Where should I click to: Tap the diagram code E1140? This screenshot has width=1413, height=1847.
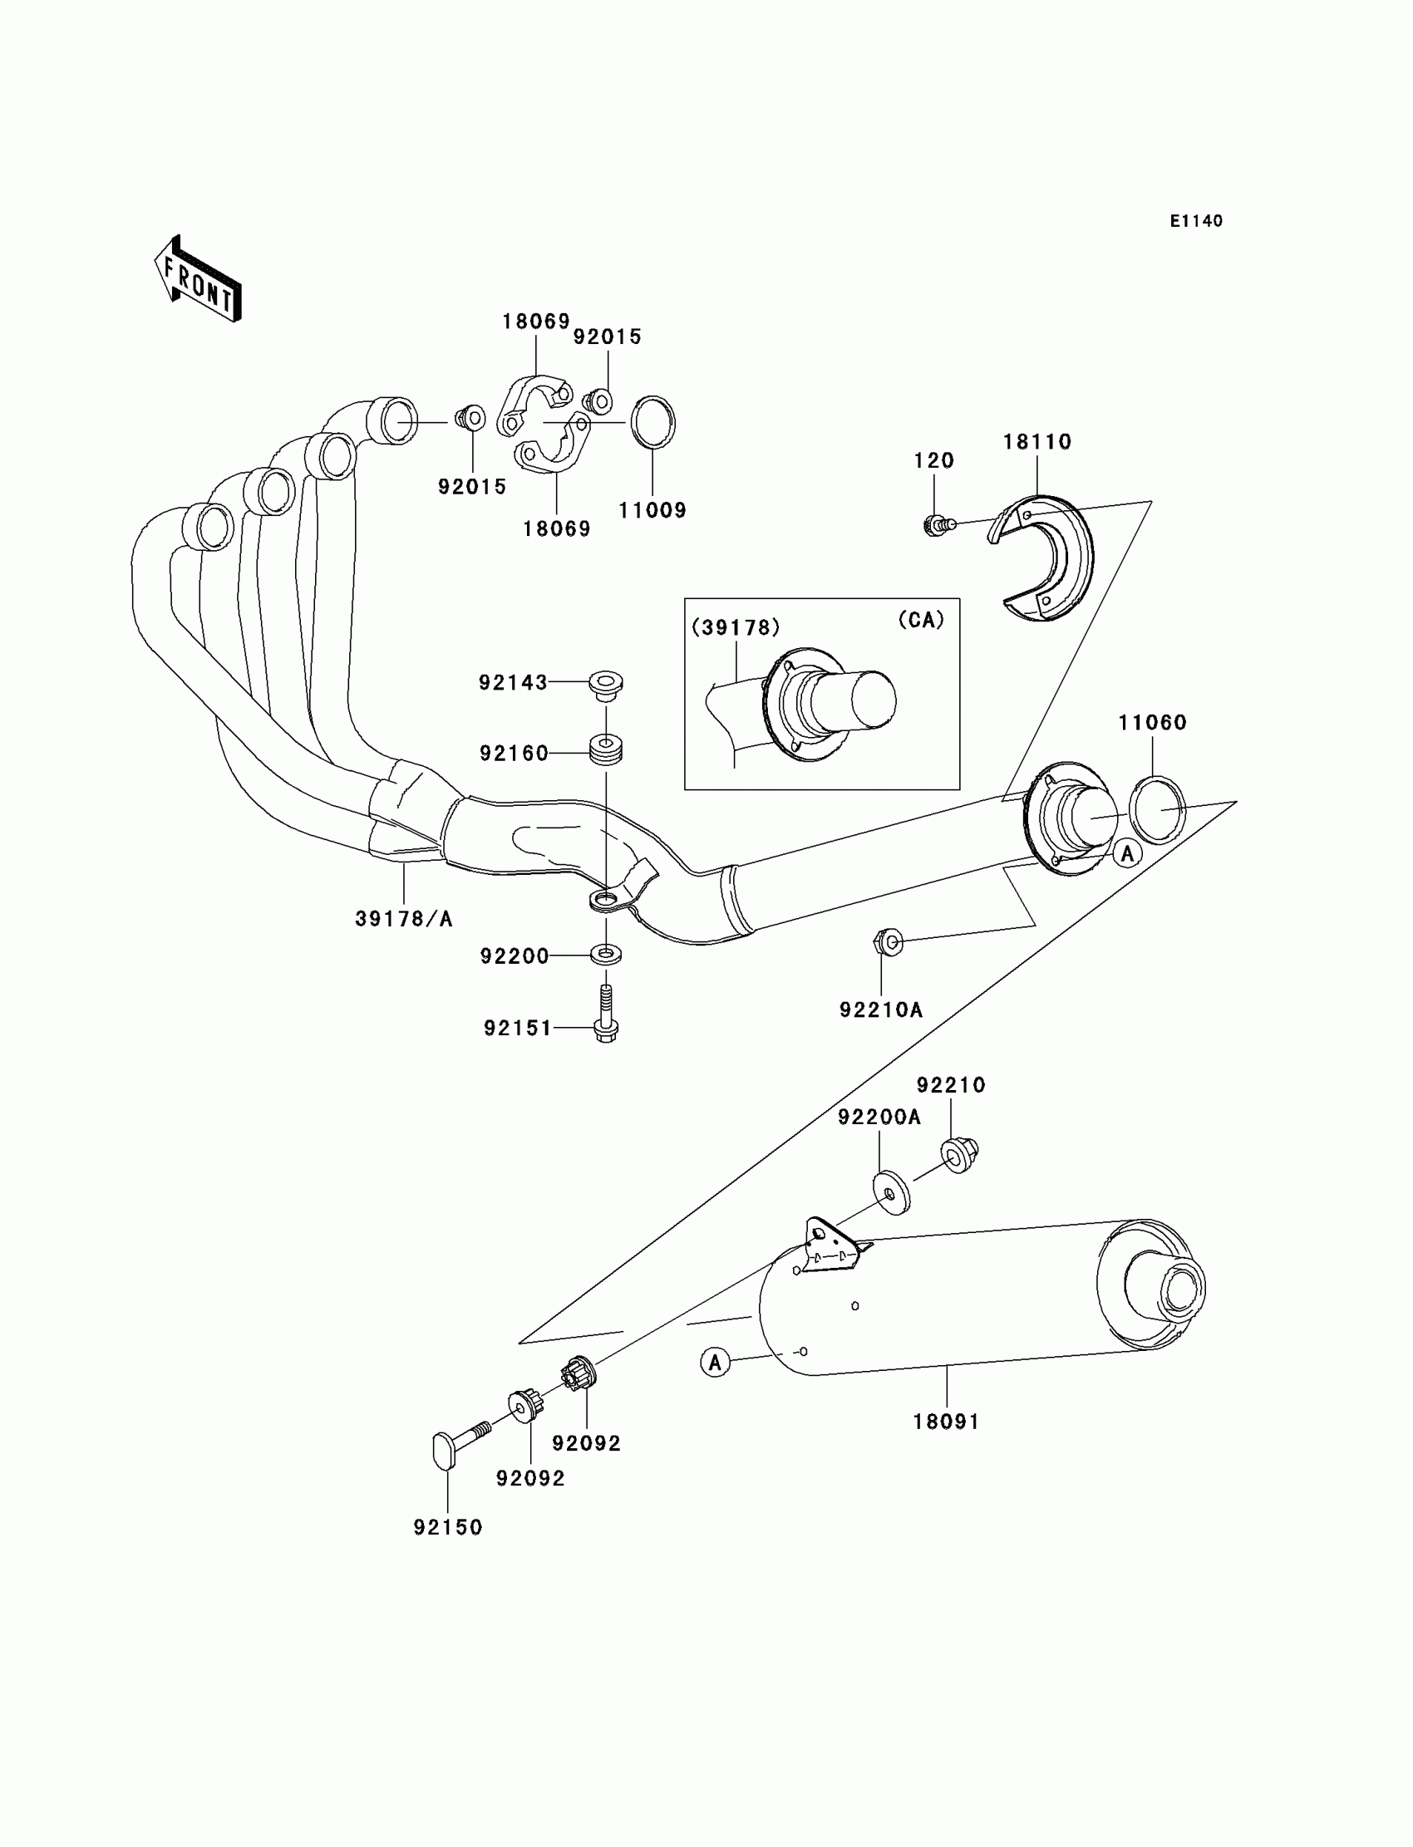tap(1196, 221)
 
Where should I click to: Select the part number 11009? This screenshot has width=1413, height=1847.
tap(652, 510)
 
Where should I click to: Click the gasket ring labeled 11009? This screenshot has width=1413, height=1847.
tap(652, 422)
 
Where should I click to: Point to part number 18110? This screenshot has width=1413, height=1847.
tap(1037, 442)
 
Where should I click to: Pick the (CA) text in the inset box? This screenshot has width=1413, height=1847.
tap(921, 620)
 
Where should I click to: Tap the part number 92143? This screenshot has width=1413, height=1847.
tap(513, 683)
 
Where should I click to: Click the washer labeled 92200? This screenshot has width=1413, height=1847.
tap(606, 954)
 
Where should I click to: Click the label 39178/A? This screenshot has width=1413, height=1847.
tap(404, 919)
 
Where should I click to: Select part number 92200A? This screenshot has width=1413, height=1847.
tap(879, 1118)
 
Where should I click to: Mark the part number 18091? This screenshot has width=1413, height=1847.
tap(946, 1422)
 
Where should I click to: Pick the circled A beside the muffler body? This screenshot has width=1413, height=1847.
tap(715, 1362)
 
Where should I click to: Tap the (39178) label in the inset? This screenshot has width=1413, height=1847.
tap(736, 627)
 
